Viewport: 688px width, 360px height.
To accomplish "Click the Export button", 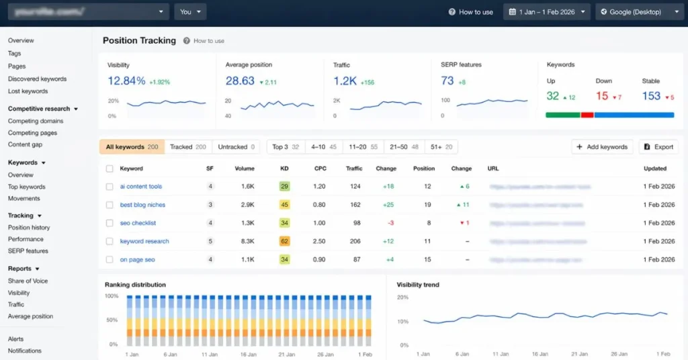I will point(658,146).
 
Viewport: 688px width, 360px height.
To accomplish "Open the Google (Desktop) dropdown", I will point(636,11).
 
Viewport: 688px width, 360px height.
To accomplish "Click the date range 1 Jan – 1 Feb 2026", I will point(546,11).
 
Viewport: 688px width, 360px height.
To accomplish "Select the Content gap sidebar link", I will point(25,144).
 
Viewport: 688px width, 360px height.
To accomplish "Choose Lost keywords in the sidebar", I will point(28,91).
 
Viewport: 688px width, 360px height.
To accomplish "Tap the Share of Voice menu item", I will point(28,281).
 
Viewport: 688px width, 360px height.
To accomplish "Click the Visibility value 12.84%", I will point(126,81).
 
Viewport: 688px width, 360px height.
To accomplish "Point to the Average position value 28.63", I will point(240,81).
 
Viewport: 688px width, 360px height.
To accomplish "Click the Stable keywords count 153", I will point(651,96).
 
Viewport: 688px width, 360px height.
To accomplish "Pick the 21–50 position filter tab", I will point(404,146).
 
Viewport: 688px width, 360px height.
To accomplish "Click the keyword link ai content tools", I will point(141,187).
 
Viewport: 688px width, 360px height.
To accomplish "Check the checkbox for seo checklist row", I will point(110,223).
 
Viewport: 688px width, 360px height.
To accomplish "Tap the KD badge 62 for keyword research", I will point(284,241).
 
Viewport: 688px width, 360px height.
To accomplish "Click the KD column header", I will point(284,169).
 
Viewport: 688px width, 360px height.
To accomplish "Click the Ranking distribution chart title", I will point(135,285).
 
